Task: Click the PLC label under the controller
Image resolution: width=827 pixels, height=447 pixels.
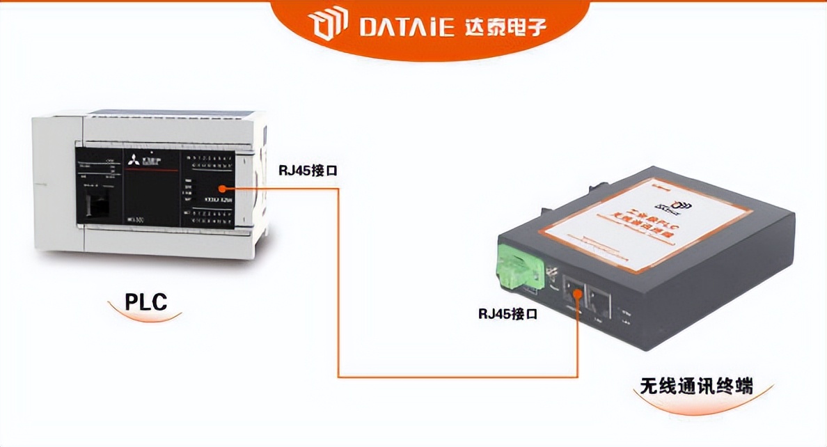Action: point(145,302)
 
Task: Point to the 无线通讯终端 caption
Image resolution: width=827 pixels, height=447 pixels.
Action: point(696,386)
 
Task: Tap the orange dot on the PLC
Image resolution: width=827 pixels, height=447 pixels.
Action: point(222,188)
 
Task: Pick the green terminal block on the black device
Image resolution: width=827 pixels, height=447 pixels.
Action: point(516,269)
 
